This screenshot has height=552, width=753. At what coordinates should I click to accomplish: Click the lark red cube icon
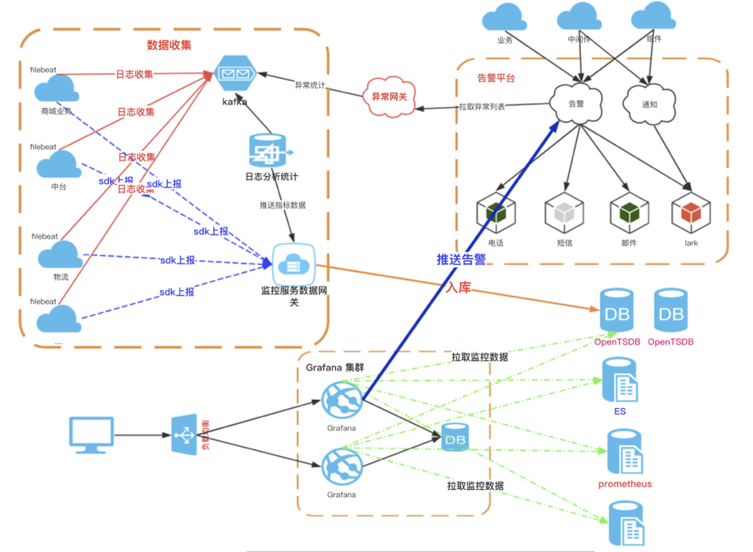coord(690,213)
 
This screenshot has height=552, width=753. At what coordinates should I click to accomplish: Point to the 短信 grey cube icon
coord(560,213)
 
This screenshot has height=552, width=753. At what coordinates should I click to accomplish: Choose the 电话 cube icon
coord(496,213)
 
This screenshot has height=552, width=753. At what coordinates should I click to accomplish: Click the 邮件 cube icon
coord(626,213)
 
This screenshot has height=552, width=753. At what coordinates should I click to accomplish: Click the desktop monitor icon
coord(88,434)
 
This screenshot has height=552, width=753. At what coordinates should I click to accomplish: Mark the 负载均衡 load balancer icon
coord(185,434)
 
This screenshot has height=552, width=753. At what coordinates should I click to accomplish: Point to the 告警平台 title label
coord(496,78)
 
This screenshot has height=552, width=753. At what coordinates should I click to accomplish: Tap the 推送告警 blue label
coord(461,259)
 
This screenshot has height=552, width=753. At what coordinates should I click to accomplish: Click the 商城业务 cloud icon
coord(57,88)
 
